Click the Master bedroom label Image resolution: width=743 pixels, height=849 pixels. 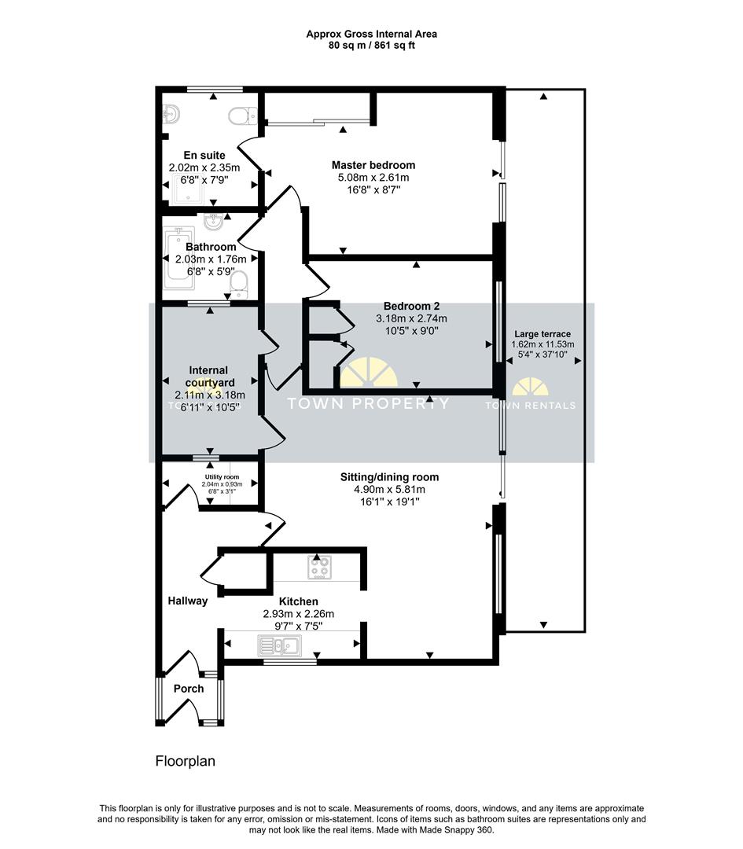(373, 165)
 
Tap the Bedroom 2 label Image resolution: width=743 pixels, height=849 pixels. (411, 306)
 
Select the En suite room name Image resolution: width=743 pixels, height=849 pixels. (204, 155)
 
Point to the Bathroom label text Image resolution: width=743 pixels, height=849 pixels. (211, 247)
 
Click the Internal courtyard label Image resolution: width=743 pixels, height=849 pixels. (208, 377)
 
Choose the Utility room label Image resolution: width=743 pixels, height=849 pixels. (222, 477)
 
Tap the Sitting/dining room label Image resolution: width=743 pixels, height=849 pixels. (389, 476)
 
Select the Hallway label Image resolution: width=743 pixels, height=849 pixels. (188, 601)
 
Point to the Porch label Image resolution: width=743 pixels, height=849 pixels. (189, 689)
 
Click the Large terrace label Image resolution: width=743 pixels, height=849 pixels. (543, 334)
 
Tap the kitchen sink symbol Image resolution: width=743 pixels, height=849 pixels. (278, 646)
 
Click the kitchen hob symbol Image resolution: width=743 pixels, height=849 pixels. (319, 568)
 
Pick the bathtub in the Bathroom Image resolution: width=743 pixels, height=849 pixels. (178, 259)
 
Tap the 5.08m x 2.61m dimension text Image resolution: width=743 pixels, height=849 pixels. (373, 178)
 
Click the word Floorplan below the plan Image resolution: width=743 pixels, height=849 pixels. (185, 761)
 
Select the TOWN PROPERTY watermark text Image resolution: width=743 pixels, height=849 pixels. (368, 403)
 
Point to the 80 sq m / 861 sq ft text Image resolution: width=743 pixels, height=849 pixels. (371, 46)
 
